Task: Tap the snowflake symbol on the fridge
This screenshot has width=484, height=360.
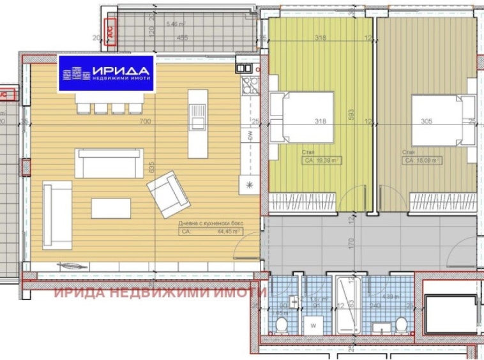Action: [x=249, y=184]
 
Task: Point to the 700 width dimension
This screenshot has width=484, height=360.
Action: [x=144, y=121]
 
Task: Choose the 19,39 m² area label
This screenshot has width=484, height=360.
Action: [x=321, y=161]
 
